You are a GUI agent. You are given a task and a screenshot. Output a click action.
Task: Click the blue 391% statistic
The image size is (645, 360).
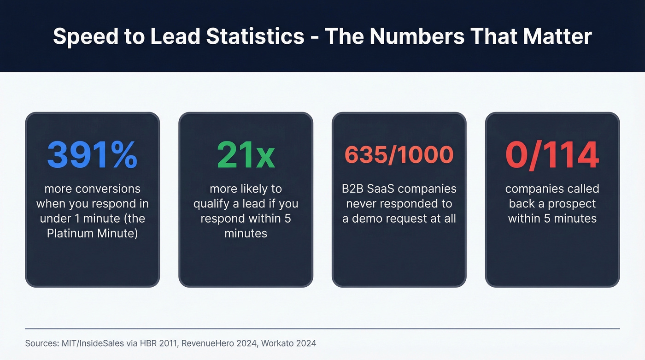[x=92, y=155]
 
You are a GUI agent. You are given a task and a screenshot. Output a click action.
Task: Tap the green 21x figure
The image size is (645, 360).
[x=246, y=155]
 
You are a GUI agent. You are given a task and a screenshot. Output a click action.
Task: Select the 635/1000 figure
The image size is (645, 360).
[x=399, y=155]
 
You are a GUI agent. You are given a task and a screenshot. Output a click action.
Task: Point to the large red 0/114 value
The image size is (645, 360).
[x=552, y=155]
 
